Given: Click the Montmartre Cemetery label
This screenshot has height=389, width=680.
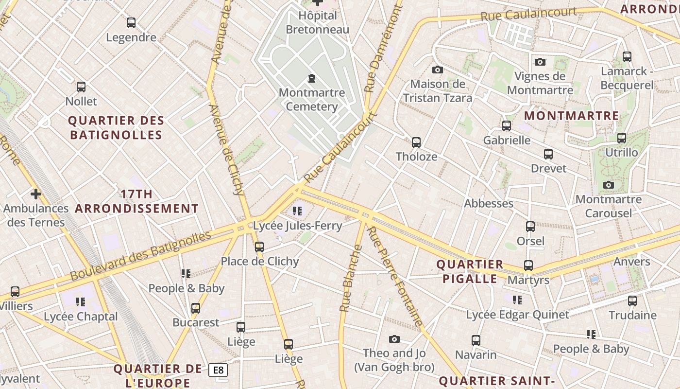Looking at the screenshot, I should tap(312, 100).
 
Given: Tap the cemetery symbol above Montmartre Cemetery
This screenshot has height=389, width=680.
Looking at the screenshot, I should tap(311, 78).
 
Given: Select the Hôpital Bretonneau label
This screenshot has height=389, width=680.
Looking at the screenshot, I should tap(318, 22).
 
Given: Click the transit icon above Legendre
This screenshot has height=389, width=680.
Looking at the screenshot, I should tap(131, 22).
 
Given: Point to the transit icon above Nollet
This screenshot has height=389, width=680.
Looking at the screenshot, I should tap(81, 87).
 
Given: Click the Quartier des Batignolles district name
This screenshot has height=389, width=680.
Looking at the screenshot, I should tap(116, 127).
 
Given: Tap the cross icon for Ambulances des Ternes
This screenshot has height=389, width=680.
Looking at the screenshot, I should tap(35, 194).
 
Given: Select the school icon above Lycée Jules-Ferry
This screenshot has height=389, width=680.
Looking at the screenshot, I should tap(297, 211).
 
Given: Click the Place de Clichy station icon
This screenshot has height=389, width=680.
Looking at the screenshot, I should tap(259, 247).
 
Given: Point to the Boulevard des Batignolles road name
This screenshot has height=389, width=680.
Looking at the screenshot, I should tap(141, 256).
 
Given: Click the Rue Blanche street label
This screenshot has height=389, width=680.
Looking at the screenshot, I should tap(351, 279).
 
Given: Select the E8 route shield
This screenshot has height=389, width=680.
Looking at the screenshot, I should tap(218, 371).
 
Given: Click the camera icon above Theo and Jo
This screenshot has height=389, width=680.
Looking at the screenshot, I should tap(394, 339).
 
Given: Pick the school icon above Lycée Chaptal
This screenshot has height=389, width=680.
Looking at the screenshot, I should tap(81, 302).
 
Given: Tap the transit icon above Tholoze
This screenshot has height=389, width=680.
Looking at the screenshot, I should tap(416, 142).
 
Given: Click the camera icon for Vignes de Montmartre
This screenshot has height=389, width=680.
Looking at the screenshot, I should tap(540, 62).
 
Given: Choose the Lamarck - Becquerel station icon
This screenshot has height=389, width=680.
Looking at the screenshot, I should tap(627, 57).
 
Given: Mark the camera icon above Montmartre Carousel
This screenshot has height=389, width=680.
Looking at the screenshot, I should tap(608, 185).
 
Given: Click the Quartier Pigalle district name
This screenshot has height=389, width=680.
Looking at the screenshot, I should tap(470, 271).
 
